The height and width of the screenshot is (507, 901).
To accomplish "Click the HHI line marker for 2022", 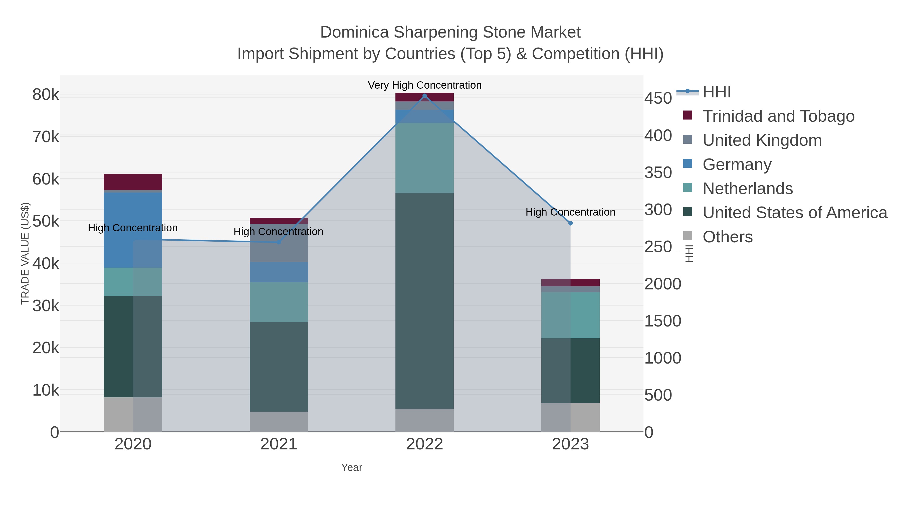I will pos(425,96).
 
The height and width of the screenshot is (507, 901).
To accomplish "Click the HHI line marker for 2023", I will pos(570,223).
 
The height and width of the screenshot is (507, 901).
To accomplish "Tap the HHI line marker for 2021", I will pos(279,242).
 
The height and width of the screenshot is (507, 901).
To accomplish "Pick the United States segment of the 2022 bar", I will pos(425,301).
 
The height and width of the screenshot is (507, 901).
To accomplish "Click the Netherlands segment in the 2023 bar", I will pos(570,315).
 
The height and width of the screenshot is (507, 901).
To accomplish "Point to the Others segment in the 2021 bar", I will pos(279,422).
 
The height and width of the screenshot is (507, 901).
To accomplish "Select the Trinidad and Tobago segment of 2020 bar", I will pos(133,182).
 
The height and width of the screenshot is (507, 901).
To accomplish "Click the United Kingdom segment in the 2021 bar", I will pos(279,243).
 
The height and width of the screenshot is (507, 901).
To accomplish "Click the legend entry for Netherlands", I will pos(747,189).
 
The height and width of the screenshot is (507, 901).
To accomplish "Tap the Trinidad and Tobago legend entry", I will pos(778,116).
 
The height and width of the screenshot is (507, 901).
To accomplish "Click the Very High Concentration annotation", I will pos(425,85).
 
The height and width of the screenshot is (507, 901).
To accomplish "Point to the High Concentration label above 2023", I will pos(570,212).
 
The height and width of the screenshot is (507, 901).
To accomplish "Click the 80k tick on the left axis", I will pos(46,94).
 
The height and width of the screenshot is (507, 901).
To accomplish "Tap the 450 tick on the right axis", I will pos(658,98).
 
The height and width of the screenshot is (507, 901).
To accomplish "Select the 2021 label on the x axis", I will pos(279,444).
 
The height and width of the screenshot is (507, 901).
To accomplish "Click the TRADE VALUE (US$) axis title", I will pos(25,253).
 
